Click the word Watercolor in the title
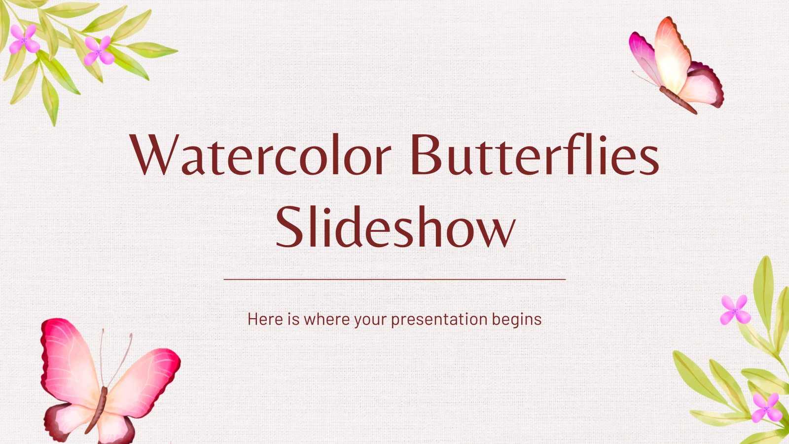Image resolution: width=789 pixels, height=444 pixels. [260, 154]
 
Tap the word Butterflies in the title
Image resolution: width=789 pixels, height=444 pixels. [535, 154]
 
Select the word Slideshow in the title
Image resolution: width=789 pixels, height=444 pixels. [395, 227]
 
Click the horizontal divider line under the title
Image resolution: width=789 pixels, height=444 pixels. [394, 279]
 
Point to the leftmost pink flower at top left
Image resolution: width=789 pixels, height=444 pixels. [24, 39]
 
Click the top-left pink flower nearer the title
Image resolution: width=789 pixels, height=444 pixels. [99, 51]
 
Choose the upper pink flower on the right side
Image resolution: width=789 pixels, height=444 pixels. [735, 310]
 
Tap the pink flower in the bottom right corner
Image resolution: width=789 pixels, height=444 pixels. [767, 408]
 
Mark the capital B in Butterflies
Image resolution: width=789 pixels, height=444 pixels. [428, 154]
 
